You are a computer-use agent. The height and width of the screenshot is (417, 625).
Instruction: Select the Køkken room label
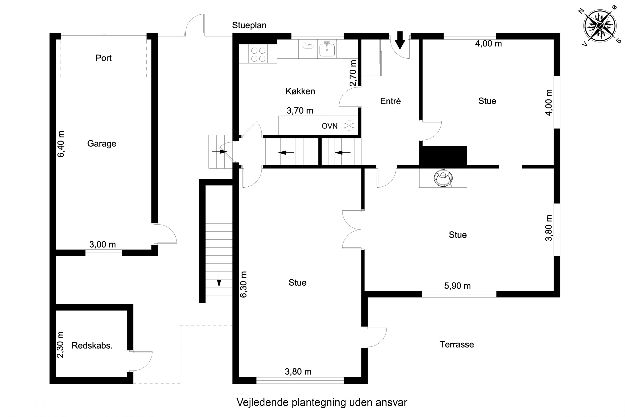[300, 91]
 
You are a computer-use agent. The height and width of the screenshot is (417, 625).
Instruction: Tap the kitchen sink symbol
[327, 49]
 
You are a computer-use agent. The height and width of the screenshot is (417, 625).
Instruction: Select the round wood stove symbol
[443, 178]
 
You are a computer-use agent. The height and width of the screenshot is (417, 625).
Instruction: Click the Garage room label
[102, 144]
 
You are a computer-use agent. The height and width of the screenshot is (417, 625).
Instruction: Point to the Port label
[104, 58]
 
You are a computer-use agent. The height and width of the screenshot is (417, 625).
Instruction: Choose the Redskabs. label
[92, 345]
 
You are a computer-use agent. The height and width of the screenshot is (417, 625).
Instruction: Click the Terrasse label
[457, 344]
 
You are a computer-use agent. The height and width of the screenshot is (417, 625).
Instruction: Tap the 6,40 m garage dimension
[61, 144]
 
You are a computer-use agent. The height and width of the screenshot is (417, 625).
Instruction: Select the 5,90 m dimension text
[457, 286]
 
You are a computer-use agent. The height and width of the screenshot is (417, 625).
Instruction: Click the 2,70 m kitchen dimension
[353, 73]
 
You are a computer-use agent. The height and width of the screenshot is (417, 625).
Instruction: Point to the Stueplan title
[249, 25]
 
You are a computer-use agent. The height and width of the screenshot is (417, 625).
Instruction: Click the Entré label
[390, 101]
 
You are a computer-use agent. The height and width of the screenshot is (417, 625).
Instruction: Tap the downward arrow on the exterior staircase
[219, 279]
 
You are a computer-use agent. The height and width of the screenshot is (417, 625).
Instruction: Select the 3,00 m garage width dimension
[102, 245]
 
